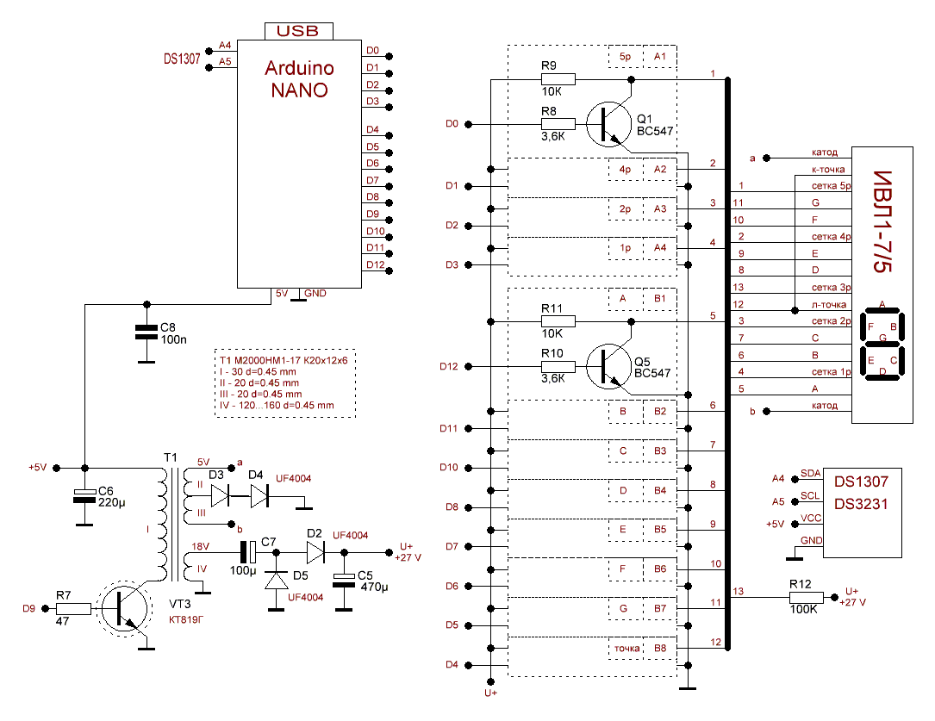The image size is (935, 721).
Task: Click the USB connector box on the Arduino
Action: pos(297,31)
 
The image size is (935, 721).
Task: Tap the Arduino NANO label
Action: pos(297,78)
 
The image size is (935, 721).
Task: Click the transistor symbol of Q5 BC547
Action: pos(608,366)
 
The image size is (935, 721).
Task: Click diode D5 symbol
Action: pos(277,581)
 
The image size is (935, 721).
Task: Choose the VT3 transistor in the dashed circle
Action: pos(123,609)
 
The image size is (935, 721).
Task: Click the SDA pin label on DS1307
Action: pos(810,473)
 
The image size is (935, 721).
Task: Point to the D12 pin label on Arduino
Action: pos(374,264)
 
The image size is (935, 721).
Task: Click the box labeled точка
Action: pos(626,648)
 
